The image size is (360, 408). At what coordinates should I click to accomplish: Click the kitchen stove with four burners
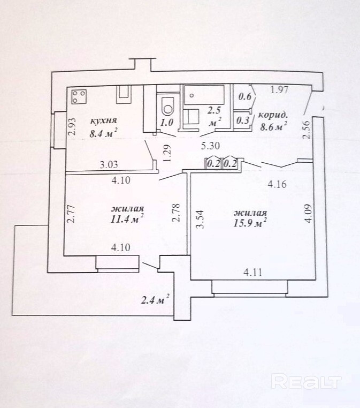coord(80,97)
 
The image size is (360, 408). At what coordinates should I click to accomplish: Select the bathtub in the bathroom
coord(206,96)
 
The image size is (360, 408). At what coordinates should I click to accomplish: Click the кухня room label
coord(104,120)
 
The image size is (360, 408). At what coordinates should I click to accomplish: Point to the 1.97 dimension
coord(280,90)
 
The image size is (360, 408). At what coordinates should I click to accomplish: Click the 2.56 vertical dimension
coord(306,130)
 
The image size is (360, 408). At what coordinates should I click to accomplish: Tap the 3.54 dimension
coord(200,220)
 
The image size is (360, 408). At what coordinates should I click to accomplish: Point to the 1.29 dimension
coord(167,154)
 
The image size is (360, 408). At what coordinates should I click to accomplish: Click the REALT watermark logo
coord(307,381)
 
